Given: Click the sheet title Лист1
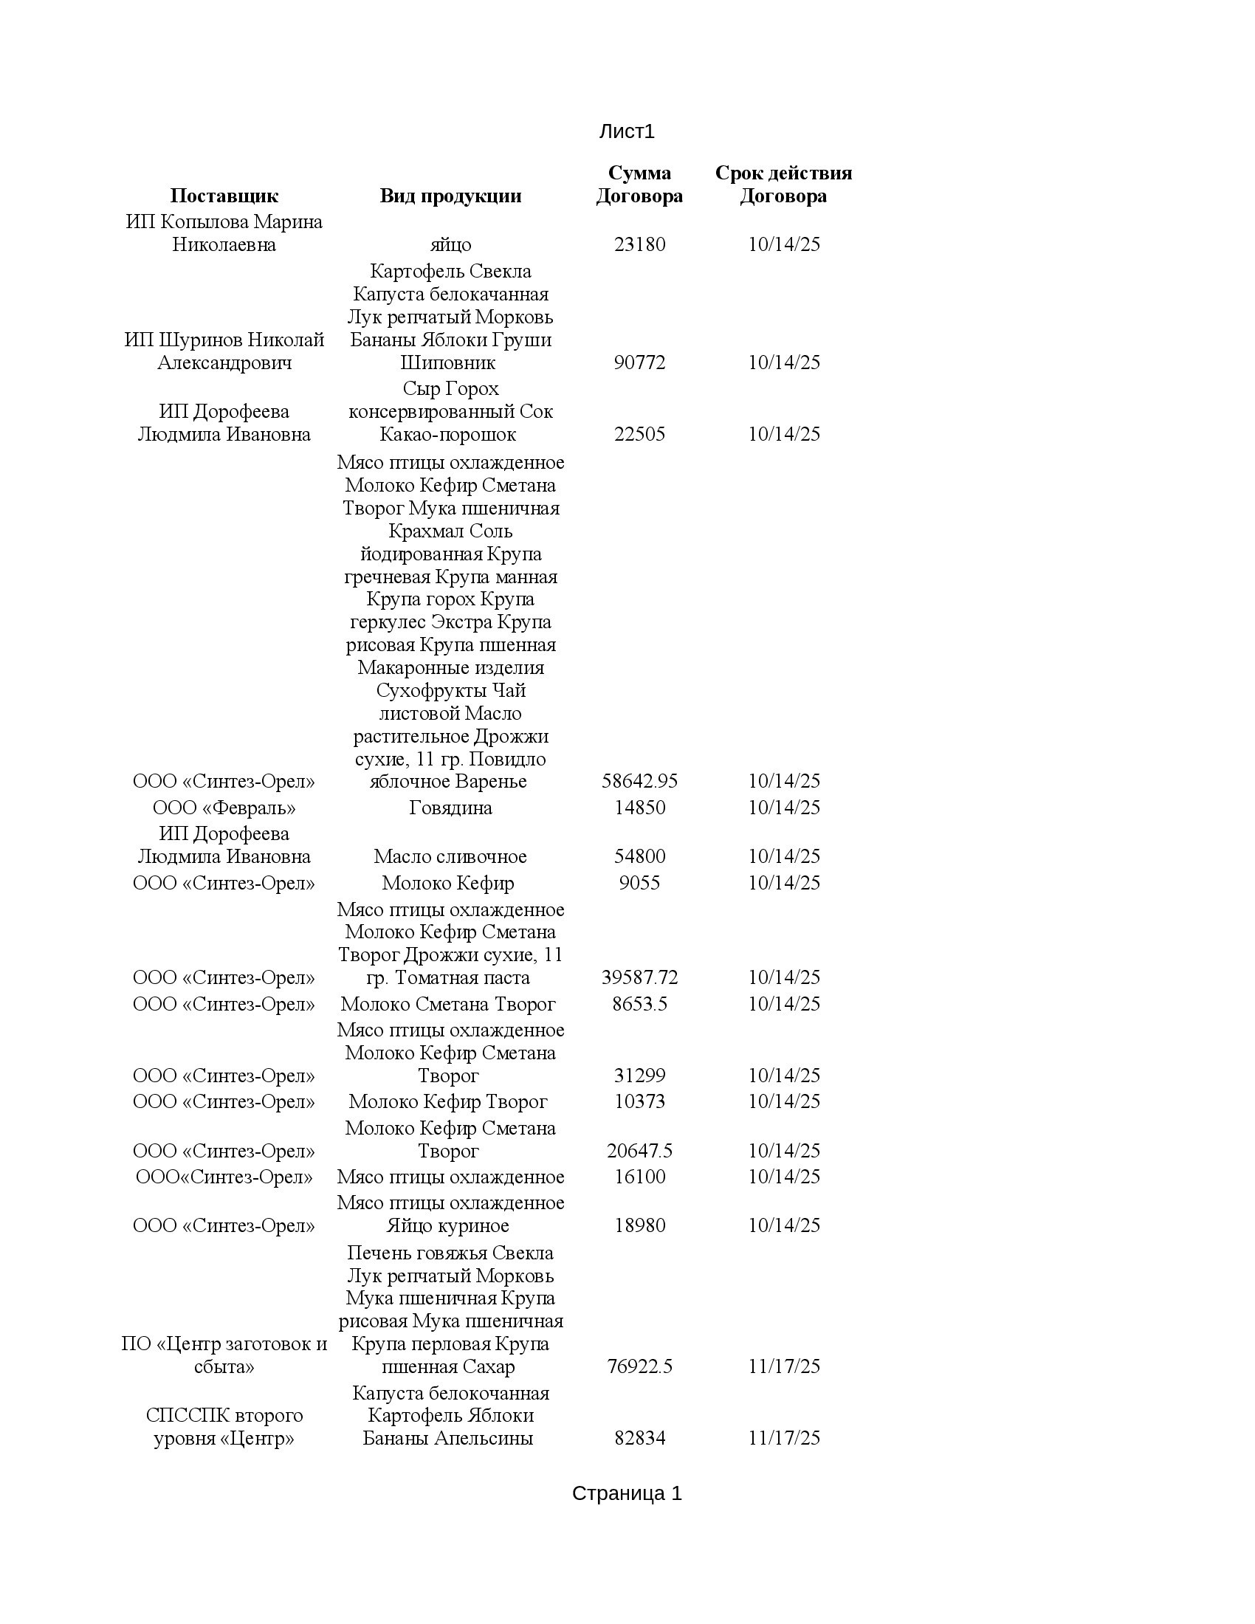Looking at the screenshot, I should [x=626, y=131].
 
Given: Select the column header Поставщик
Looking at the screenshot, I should [x=224, y=196].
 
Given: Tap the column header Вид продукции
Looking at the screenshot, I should [x=450, y=196].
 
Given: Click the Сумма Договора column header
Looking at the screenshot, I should [x=639, y=185].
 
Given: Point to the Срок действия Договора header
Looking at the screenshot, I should [x=783, y=185].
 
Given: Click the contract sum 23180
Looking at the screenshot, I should [x=639, y=244].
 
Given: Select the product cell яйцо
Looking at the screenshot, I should [x=450, y=244].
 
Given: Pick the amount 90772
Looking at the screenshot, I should [x=639, y=363].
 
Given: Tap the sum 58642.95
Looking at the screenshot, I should [x=639, y=782].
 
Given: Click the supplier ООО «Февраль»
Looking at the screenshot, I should [x=224, y=808].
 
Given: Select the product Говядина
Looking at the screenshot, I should [x=450, y=808].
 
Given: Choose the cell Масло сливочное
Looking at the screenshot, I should [x=450, y=856].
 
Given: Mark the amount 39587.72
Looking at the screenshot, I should [x=639, y=978].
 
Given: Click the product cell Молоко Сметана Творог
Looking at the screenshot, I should [x=447, y=1004].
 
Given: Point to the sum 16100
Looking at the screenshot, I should [x=639, y=1177].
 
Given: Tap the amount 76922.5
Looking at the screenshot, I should [x=639, y=1366].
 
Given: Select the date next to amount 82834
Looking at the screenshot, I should [x=783, y=1438].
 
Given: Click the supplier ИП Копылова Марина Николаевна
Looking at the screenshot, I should [x=224, y=233].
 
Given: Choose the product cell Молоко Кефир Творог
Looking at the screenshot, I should [x=447, y=1101].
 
